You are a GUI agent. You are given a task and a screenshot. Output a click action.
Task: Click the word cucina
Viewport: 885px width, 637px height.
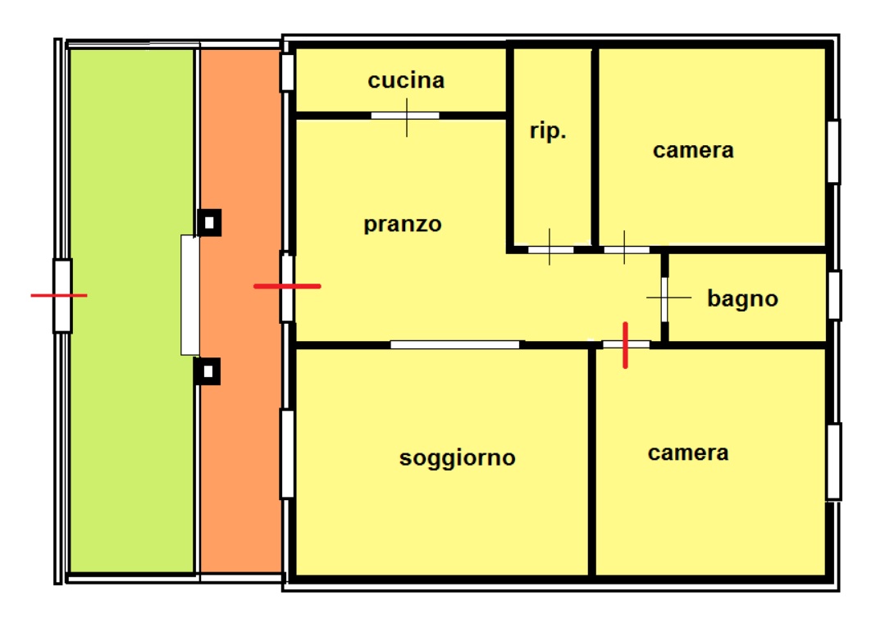406,80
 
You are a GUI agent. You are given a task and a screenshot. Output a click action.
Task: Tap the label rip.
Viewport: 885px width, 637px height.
548,132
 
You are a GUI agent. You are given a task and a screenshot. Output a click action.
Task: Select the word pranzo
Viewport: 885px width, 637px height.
403,224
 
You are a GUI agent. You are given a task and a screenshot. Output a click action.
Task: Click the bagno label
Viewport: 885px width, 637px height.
742,298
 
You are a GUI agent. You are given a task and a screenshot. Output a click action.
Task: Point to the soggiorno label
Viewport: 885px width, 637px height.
458,457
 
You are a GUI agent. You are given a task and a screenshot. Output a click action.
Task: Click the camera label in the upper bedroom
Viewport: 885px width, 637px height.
693,150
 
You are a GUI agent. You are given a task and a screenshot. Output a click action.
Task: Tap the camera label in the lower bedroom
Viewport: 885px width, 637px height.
688,453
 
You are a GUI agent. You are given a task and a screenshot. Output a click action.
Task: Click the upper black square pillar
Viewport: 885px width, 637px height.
209,222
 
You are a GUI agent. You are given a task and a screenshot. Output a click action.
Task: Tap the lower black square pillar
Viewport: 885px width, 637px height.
208,371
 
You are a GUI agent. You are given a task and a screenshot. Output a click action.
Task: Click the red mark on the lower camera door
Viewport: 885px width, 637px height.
626,345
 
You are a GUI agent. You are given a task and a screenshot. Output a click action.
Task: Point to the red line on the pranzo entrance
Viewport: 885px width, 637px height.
287,286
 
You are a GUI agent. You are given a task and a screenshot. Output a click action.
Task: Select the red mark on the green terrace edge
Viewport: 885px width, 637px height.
59,295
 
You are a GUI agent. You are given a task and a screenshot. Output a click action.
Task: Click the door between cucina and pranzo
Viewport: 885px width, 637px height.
405,116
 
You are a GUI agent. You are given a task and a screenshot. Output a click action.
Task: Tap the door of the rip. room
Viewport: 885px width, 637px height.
550,249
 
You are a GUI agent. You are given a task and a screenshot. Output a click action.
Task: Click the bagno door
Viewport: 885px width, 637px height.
664,297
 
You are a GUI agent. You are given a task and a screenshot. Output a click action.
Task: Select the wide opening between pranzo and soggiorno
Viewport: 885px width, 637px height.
455,345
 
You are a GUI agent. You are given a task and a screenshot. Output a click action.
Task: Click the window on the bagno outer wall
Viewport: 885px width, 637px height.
834,295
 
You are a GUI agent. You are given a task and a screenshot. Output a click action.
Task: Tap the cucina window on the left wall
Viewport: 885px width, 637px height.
287,73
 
